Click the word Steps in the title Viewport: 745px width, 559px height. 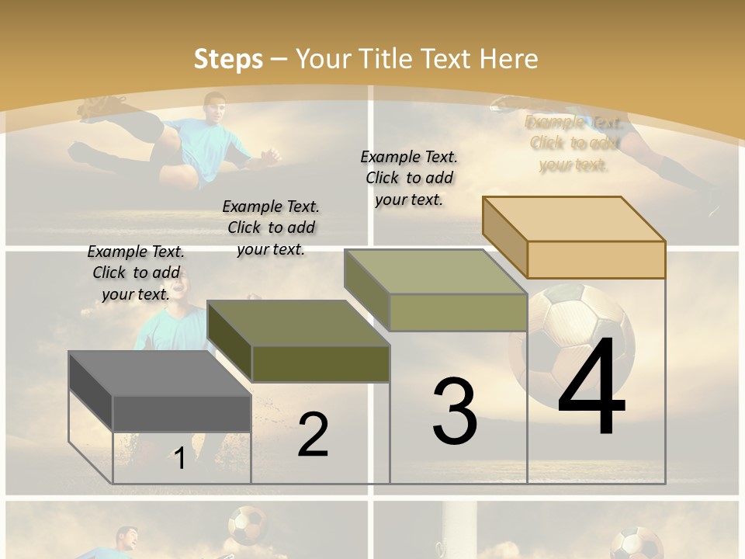click(228, 59)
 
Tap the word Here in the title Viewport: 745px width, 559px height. click(508, 59)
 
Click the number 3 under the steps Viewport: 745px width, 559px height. click(455, 411)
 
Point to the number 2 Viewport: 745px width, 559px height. click(313, 435)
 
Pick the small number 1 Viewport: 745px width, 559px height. click(179, 459)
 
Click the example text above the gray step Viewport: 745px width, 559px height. click(136, 273)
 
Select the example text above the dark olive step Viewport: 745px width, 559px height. click(271, 227)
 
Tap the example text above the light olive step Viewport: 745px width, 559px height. click(409, 178)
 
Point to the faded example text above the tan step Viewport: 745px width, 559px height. click(573, 144)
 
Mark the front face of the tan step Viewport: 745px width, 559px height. click(596, 259)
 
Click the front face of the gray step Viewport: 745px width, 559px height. click(182, 413)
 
